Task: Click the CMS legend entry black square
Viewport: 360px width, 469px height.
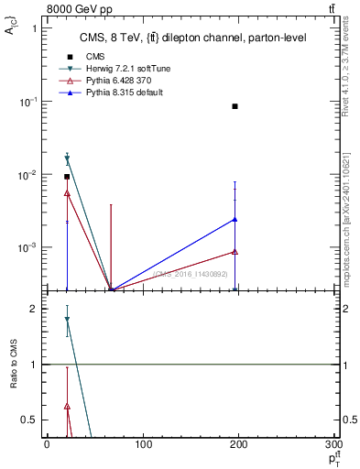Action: pos(68,57)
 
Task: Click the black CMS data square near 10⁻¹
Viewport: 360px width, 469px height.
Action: pos(235,106)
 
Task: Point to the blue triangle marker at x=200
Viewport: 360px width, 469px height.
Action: pos(235,219)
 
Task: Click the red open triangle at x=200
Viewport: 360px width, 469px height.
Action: pos(235,252)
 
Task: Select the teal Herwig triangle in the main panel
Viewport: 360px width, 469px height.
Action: pos(67,158)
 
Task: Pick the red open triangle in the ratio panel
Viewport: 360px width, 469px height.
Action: pos(67,406)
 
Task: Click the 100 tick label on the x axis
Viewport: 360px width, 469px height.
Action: pos(143,444)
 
